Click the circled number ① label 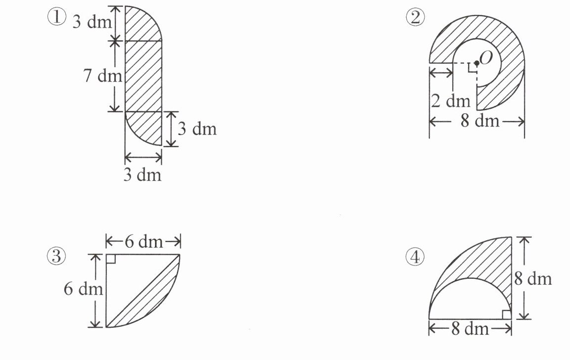pyautogui.click(x=57, y=17)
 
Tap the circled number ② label pyautogui.click(x=415, y=17)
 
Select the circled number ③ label pyautogui.click(x=56, y=257)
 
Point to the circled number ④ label pyautogui.click(x=415, y=257)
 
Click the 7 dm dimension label pyautogui.click(x=103, y=76)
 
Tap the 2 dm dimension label pyautogui.click(x=451, y=100)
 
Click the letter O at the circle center pyautogui.click(x=486, y=57)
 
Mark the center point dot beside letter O pyautogui.click(x=476, y=63)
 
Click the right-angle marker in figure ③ pyautogui.click(x=111, y=259)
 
